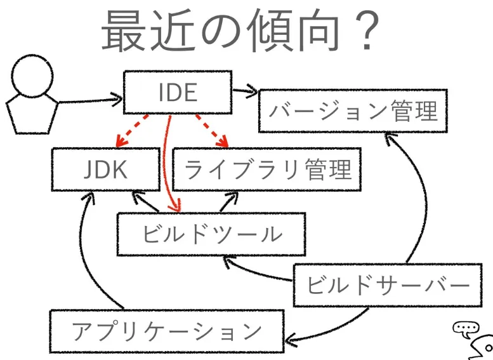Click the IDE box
pyautogui.click(x=177, y=93)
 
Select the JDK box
pyautogui.click(x=105, y=170)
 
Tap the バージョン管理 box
pyautogui.click(x=353, y=111)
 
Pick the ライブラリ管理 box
pyautogui.click(x=266, y=170)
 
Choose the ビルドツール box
pyautogui.click(x=211, y=234)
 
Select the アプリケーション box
pyautogui.click(x=166, y=331)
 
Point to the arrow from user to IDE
pyautogui.click(x=89, y=100)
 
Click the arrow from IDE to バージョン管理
pyautogui.click(x=245, y=91)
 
